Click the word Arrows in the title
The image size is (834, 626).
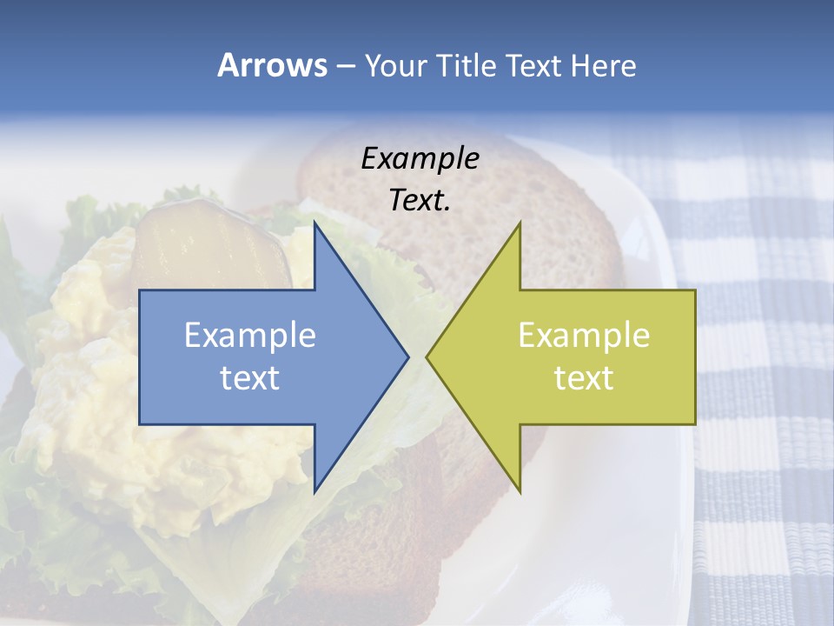tap(272, 65)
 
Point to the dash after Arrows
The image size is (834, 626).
tap(345, 67)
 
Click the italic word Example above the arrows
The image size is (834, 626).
tap(420, 158)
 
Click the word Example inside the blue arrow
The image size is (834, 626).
tap(250, 336)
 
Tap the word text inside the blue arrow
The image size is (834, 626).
tap(250, 378)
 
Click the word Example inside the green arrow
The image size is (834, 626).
tap(584, 336)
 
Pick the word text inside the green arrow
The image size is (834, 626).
tap(584, 378)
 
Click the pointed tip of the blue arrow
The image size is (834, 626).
tap(407, 356)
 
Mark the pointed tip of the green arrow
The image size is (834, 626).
tap(427, 356)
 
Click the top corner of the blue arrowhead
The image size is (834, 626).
tap(315, 223)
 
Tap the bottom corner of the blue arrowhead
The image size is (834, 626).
tap(315, 491)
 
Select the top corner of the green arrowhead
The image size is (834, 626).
tap(520, 223)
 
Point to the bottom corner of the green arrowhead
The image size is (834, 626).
tap(520, 491)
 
